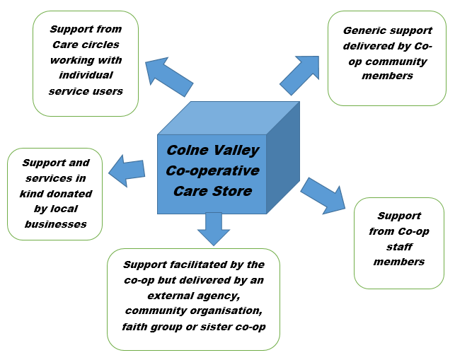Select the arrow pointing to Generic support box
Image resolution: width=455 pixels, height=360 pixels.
[x=300, y=74]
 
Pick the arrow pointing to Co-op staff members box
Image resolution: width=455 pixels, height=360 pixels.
[x=322, y=194]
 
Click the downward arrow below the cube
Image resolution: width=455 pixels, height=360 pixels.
[x=213, y=228]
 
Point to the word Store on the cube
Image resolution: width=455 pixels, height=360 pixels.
[x=232, y=191]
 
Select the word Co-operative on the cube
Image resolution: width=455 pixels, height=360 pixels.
[x=212, y=171]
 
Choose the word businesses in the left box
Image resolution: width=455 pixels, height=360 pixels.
[x=55, y=224]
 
